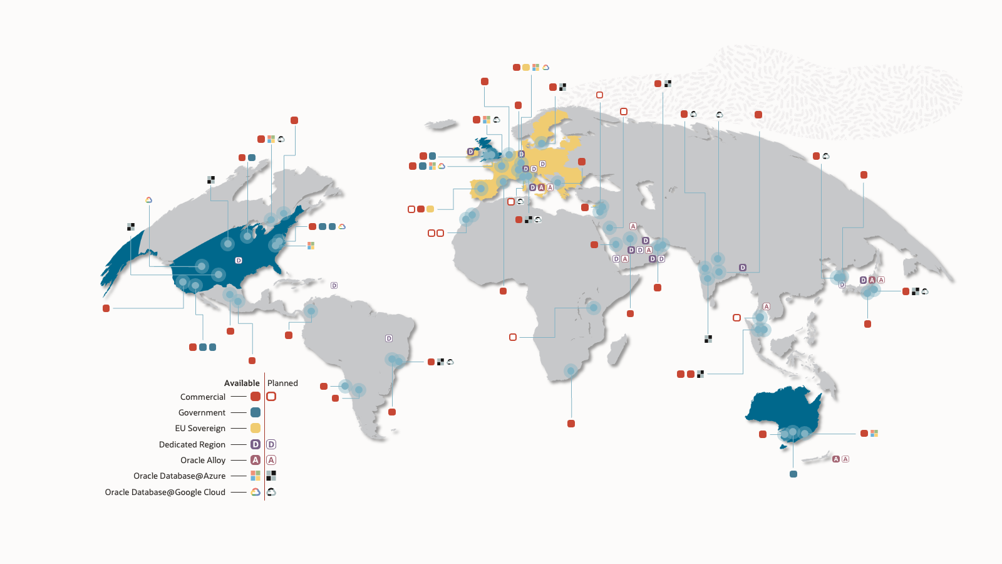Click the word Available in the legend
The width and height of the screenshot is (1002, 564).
(242, 383)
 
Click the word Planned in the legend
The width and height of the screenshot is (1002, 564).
(282, 383)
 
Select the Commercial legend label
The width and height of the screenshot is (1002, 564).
(202, 397)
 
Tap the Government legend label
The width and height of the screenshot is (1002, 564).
(202, 412)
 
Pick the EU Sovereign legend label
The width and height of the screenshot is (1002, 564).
(200, 428)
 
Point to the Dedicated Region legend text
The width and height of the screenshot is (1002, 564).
(192, 444)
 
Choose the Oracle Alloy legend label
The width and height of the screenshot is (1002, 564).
(203, 460)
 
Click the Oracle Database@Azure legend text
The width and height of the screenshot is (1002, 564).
(179, 476)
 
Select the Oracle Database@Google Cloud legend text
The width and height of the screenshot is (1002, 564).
(165, 492)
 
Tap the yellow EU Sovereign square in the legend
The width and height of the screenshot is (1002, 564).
(256, 428)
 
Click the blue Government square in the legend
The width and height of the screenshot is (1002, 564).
(256, 412)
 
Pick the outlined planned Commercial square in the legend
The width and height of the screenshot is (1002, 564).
(271, 397)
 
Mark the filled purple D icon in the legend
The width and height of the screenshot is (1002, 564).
(256, 444)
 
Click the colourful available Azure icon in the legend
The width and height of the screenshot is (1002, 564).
(256, 476)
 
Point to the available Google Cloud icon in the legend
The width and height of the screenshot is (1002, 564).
(256, 492)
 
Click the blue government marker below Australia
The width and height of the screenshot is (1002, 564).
(793, 474)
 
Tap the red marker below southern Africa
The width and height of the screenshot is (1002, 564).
(571, 424)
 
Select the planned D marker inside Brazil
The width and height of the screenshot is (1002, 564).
(389, 338)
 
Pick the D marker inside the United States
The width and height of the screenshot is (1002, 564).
(239, 260)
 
